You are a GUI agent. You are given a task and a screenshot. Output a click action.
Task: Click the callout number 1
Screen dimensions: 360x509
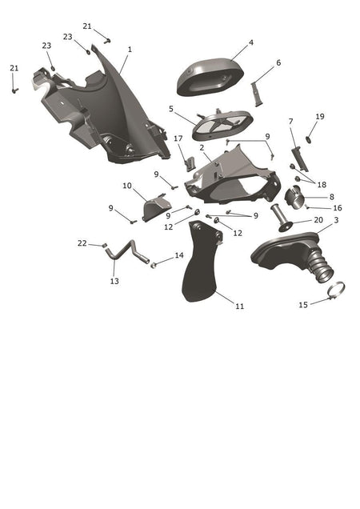tap(130, 50)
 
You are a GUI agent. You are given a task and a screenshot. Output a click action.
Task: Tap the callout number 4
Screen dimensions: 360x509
tap(251, 42)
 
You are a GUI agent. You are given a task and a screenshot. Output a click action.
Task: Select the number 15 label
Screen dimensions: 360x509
tap(303, 305)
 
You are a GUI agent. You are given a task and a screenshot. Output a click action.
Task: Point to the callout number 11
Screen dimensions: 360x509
tap(239, 306)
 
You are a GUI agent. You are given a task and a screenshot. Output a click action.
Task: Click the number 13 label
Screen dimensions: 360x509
tap(114, 281)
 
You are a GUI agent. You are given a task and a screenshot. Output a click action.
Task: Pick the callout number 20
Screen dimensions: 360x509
tap(318, 220)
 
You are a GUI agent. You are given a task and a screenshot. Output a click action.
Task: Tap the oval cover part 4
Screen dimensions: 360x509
tap(210, 77)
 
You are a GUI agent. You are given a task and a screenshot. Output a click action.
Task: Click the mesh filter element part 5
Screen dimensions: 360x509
tap(222, 125)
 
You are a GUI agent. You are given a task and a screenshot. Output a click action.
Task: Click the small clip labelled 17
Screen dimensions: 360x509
tap(190, 163)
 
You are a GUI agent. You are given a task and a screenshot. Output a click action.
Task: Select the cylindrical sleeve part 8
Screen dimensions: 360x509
tap(294, 198)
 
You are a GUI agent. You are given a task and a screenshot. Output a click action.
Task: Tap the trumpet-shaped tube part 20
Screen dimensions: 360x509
tap(281, 218)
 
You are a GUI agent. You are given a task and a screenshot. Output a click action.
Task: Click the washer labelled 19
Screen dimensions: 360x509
tap(308, 139)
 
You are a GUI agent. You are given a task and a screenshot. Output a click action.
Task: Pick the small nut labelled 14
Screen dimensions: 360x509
tap(154, 265)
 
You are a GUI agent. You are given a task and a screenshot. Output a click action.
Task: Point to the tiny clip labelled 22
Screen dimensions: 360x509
tap(105, 245)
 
